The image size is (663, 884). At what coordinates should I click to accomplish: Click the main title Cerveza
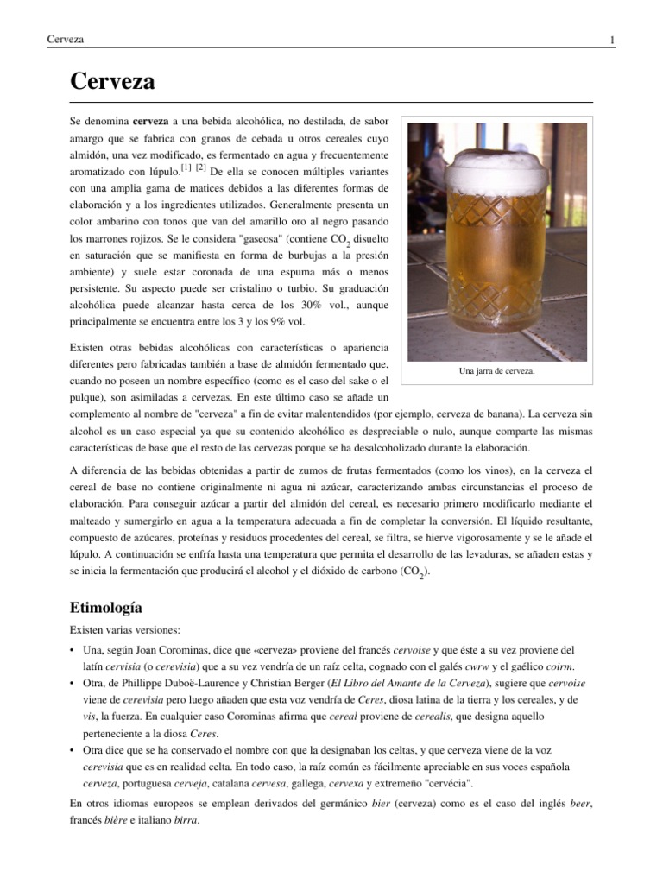click(112, 82)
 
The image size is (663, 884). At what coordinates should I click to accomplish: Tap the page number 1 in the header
click(611, 41)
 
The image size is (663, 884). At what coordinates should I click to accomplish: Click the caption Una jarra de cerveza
click(497, 371)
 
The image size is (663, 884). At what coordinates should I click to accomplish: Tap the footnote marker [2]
click(201, 167)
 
